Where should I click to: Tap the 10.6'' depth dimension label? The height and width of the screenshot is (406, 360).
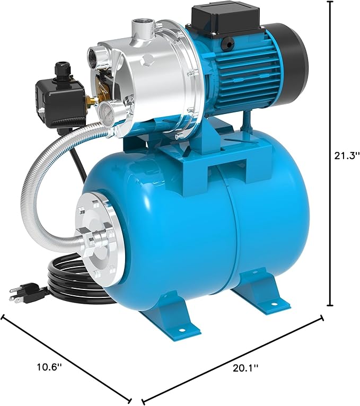pyautogui.click(x=49, y=367)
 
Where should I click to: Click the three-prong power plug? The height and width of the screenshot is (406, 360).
pyautogui.click(x=24, y=292)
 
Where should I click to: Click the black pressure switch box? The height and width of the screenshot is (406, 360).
pyautogui.click(x=61, y=102)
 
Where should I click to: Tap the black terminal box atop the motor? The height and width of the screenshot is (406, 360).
pyautogui.click(x=225, y=20)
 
